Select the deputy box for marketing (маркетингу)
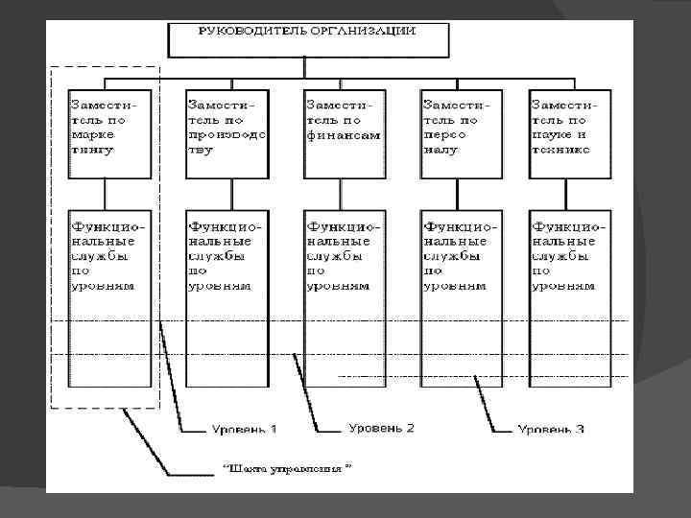coord(109,134)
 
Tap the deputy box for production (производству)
coord(226,134)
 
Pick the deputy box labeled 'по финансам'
coord(344,134)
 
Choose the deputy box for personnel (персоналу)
coord(461,134)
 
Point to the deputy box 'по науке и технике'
coord(570,134)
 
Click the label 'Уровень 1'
coord(245,428)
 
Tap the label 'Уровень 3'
coord(551,429)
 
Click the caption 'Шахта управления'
coord(288,470)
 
